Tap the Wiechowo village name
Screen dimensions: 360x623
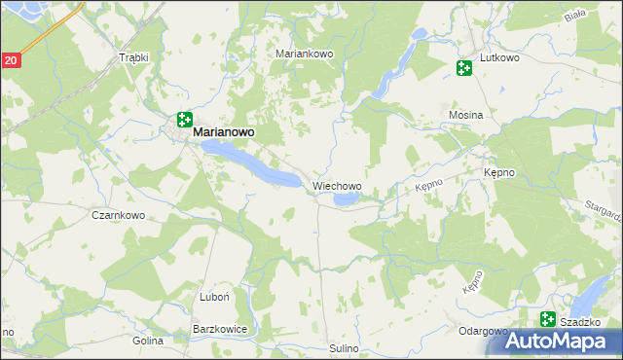point(337,185)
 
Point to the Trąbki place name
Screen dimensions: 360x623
point(132,57)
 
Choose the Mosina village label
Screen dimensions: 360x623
point(465,115)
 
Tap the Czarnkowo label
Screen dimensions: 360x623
point(118,215)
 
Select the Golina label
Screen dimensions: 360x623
point(148,341)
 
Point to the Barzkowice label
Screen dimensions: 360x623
point(220,330)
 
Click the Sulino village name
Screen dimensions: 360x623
point(344,348)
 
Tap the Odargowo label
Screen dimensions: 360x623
point(483,331)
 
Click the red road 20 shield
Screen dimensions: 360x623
point(10,60)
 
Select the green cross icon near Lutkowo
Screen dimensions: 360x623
point(463,68)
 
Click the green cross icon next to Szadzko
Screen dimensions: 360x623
point(548,318)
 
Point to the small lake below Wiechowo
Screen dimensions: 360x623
point(347,200)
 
